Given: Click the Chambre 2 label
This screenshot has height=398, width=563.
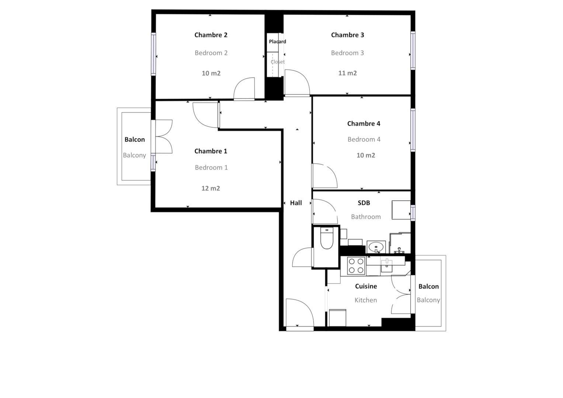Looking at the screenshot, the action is [x=211, y=35].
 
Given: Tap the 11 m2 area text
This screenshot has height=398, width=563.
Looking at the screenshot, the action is [x=347, y=73].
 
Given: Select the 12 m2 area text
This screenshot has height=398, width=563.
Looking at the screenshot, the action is [x=211, y=188].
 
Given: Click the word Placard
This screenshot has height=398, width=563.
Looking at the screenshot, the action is [x=278, y=41].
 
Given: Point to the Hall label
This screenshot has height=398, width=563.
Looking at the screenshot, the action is [x=296, y=203].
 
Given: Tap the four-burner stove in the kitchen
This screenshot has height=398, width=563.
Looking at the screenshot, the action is [x=356, y=266].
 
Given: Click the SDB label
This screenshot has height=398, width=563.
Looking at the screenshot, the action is [x=364, y=203].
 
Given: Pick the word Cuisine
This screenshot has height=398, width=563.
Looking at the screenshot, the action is [x=366, y=286].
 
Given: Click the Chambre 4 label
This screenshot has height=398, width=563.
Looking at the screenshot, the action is [x=364, y=123].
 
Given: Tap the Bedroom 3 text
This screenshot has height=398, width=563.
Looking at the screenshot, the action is [x=347, y=53].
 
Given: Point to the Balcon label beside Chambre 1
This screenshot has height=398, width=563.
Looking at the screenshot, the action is [x=135, y=139].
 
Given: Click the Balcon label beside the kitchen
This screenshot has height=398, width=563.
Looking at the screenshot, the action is [x=428, y=286].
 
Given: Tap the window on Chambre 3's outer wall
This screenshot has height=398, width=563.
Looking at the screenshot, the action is [x=413, y=50].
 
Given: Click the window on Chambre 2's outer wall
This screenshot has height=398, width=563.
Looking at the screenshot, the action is [x=153, y=54].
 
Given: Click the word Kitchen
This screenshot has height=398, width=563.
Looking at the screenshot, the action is [x=366, y=300].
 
